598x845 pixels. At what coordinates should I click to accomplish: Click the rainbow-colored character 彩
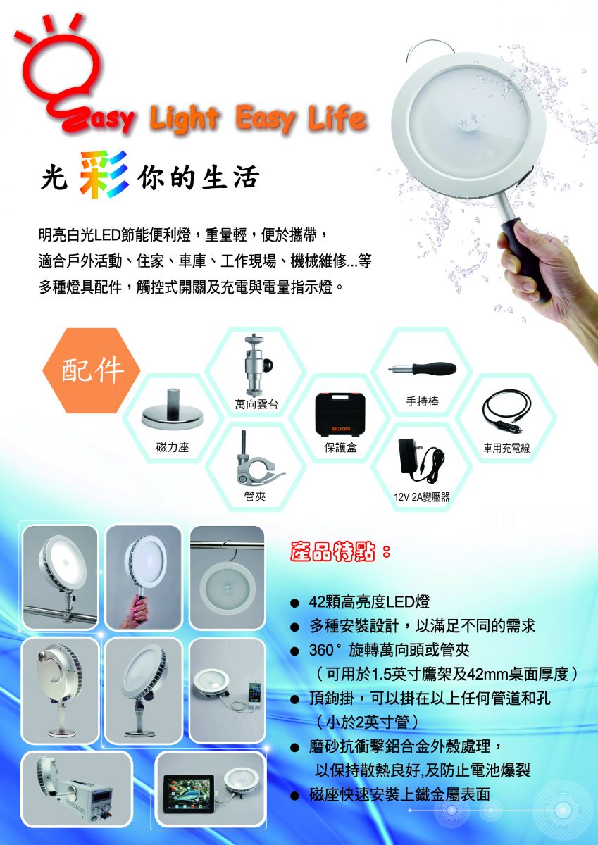(104, 175)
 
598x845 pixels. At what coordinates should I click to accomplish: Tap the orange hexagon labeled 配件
(92, 370)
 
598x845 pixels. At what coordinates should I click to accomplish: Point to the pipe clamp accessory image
(256, 459)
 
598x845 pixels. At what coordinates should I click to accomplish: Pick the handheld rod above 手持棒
(422, 368)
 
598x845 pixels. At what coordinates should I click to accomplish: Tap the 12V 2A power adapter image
(421, 461)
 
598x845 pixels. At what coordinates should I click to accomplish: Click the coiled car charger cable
(506, 411)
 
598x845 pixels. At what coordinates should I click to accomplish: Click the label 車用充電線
(506, 448)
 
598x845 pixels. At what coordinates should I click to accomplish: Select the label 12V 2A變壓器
(422, 497)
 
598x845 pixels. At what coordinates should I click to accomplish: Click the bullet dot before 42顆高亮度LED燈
(294, 603)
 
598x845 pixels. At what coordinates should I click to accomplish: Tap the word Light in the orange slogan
(185, 118)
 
